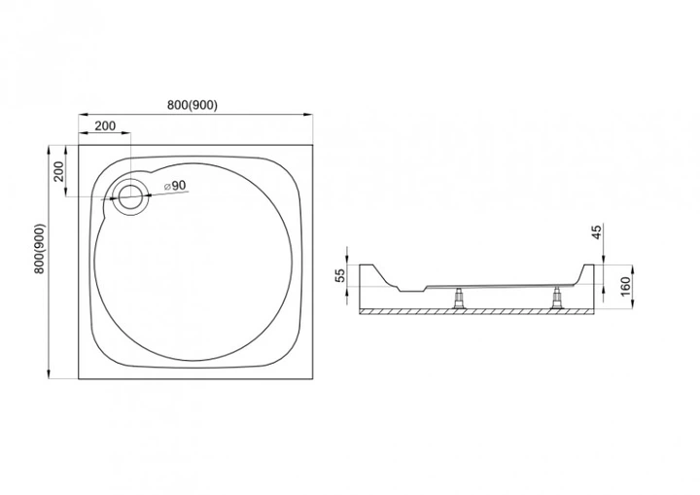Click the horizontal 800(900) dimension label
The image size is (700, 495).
tap(192, 105)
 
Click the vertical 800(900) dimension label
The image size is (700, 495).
tap(39, 249)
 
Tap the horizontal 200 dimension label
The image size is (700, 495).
tap(105, 126)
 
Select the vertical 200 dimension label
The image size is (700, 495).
tap(59, 171)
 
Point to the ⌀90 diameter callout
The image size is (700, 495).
tap(175, 186)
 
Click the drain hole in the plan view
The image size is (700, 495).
tap(130, 197)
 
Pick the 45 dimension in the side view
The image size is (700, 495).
tap(597, 232)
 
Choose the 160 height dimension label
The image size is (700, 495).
tap(625, 286)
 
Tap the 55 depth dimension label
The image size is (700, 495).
tap(340, 275)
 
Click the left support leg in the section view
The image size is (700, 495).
tap(458, 298)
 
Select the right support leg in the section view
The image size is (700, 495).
tap(557, 298)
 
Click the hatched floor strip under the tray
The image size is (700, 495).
tap(477, 311)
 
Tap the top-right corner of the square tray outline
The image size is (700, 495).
tap(312, 145)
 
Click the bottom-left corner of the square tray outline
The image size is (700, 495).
tap(79, 379)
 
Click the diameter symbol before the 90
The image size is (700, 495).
tap(167, 187)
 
